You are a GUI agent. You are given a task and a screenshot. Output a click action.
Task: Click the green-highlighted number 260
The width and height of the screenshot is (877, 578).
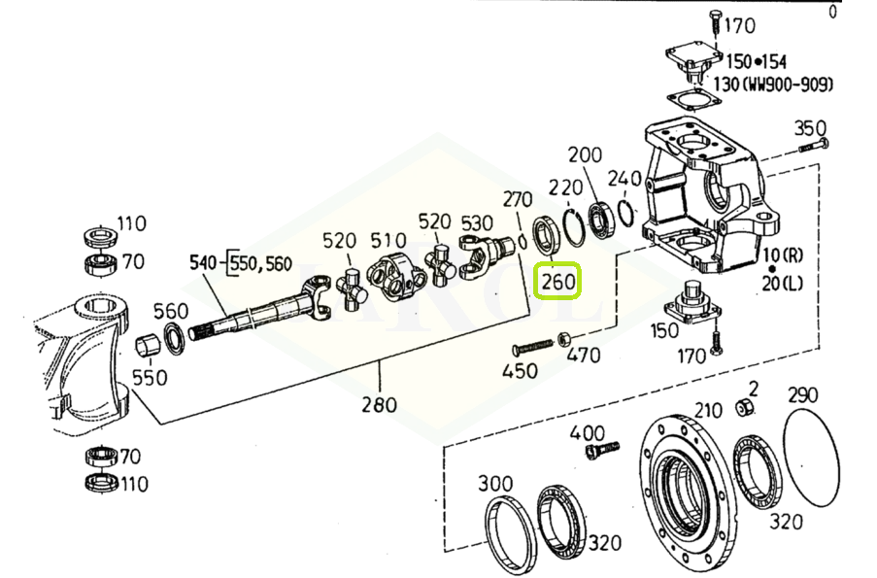[558, 282]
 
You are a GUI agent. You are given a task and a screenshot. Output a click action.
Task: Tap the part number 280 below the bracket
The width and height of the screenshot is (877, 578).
[379, 404]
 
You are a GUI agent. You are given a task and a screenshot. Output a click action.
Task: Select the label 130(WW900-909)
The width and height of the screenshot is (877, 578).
[773, 85]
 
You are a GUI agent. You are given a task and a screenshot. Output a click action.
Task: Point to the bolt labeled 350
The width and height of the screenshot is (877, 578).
[814, 146]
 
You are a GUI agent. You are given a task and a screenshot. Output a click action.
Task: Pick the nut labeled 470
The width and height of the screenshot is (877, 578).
[563, 339]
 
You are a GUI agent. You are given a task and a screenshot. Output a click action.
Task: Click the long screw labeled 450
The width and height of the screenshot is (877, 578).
[533, 347]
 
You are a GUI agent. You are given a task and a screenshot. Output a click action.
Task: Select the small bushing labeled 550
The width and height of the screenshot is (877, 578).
[149, 344]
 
